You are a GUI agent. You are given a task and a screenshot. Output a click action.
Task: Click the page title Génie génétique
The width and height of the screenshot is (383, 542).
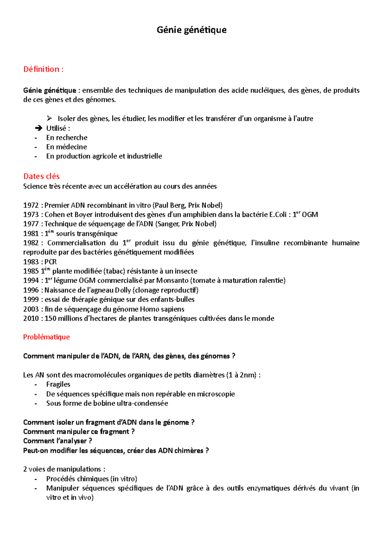191,30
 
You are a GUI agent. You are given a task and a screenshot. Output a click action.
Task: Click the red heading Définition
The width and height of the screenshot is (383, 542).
43,69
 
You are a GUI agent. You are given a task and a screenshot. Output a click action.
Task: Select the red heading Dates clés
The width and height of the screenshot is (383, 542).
41,176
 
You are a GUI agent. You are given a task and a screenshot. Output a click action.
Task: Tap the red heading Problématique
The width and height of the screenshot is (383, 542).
46,337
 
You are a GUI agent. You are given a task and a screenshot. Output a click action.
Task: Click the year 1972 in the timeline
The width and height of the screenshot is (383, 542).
31,205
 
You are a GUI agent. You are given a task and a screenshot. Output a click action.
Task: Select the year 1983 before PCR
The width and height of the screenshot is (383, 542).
31,262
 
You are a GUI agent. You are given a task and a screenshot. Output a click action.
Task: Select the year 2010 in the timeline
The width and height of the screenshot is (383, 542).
31,319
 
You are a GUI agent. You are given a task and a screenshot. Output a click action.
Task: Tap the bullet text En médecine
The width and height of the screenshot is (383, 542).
66,147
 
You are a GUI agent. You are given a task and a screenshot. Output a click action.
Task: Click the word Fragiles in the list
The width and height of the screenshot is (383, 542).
58,384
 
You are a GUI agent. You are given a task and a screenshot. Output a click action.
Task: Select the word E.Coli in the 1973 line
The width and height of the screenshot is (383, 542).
278,215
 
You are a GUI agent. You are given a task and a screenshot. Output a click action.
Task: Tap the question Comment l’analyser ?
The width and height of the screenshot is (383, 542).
57,441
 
